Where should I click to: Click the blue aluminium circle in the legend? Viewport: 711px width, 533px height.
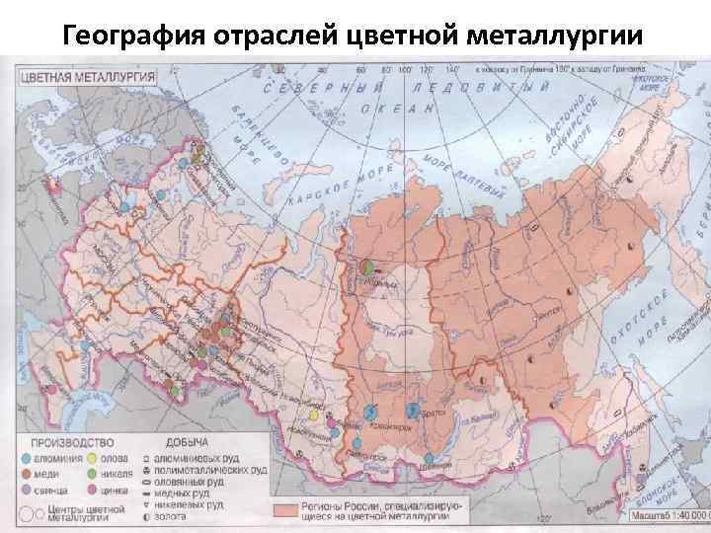[x=35, y=457]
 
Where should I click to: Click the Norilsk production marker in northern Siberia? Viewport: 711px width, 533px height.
[x=367, y=266]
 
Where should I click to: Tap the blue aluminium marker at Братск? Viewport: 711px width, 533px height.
[x=413, y=410]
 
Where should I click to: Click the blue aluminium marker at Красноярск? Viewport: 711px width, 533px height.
[x=369, y=411]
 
